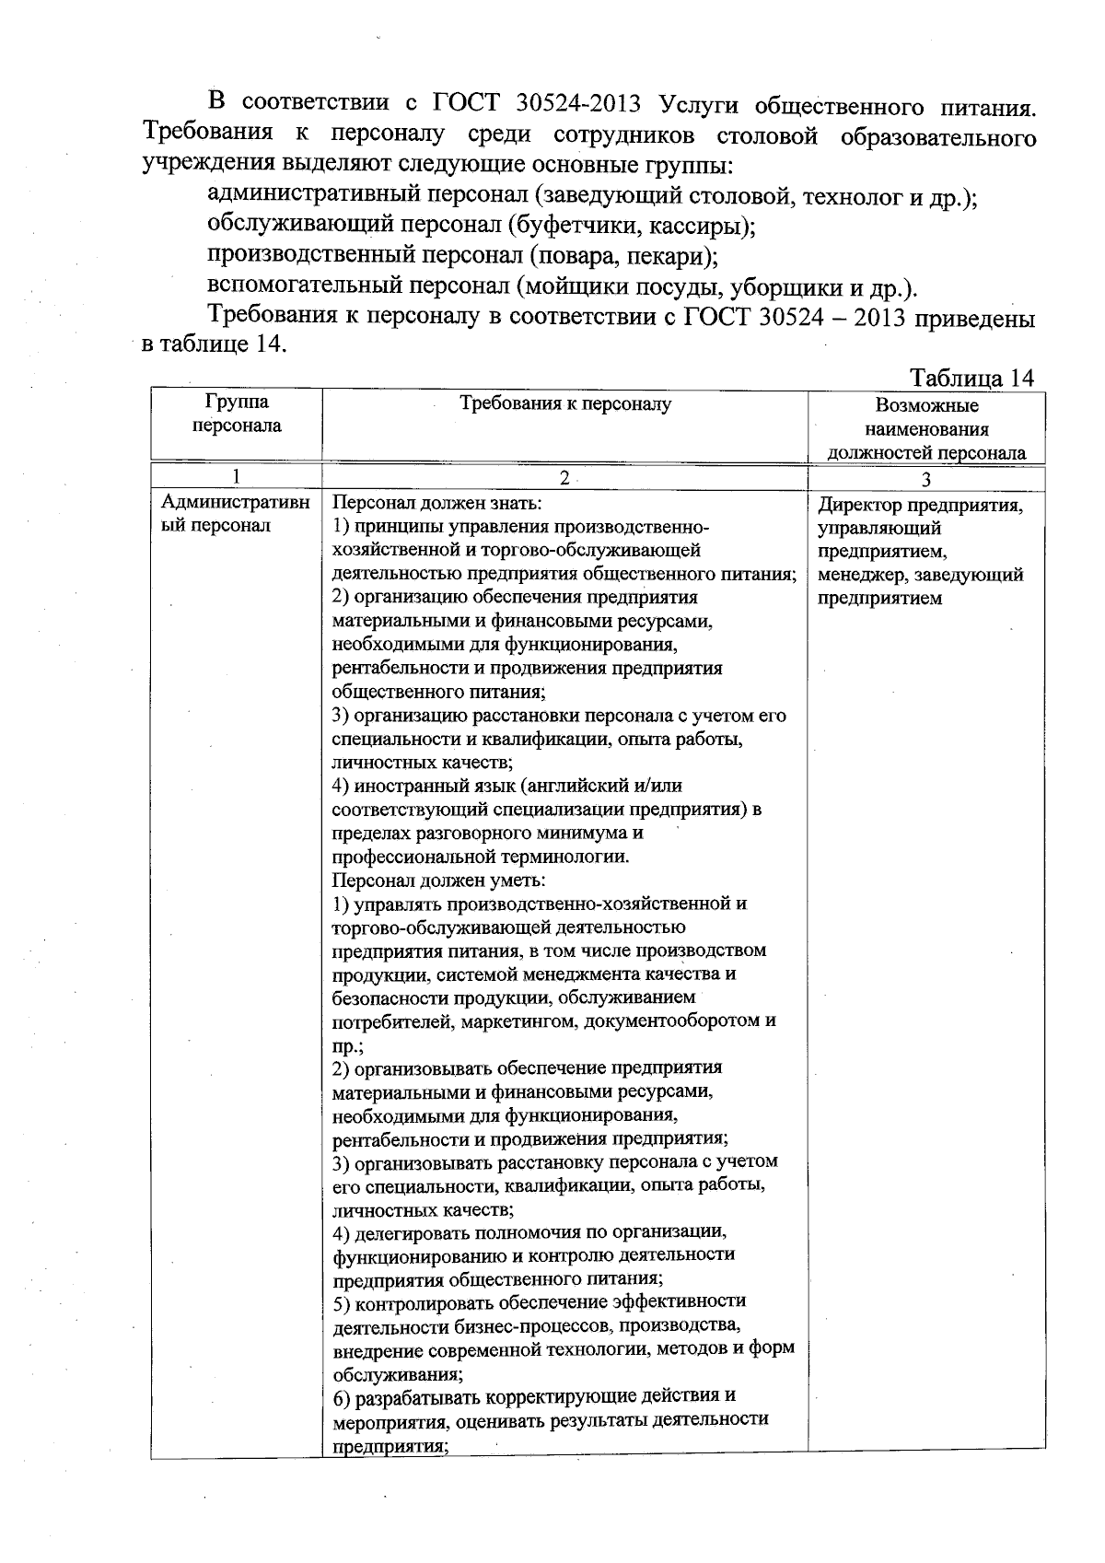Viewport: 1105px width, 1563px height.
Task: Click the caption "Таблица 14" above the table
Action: pos(971,378)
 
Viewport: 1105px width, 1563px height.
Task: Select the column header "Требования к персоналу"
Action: pos(565,403)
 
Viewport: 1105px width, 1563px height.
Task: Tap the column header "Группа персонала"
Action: pos(237,414)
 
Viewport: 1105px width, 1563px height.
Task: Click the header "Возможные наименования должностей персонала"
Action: pos(926,428)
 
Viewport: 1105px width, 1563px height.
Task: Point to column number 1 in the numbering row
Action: pos(237,476)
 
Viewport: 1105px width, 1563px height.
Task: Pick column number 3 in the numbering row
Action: pos(926,478)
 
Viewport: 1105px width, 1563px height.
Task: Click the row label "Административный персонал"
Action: pos(236,514)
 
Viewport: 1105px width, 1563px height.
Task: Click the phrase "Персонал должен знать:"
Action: pos(436,504)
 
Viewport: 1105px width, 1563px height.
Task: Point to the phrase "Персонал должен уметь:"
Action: pos(438,880)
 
